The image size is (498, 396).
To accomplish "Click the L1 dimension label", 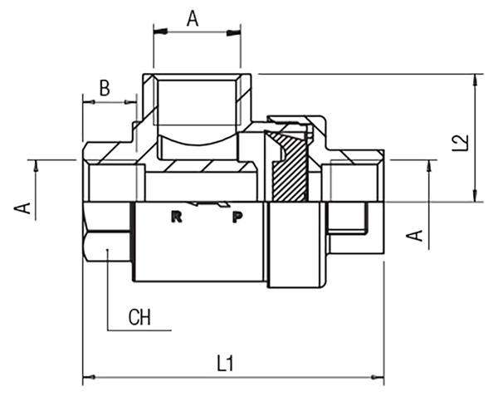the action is (226, 364).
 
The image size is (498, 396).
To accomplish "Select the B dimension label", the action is (105, 88).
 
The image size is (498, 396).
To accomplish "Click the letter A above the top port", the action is (193, 18).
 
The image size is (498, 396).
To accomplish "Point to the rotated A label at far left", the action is (22, 208).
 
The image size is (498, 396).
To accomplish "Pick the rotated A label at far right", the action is (415, 235).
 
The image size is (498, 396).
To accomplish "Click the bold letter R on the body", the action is (177, 217).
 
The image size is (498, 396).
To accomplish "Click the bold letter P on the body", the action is (237, 218).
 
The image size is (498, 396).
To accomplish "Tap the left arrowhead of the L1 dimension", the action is (89, 377).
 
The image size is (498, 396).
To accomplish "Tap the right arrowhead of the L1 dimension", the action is (378, 377).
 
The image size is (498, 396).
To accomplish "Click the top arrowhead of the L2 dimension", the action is (475, 80).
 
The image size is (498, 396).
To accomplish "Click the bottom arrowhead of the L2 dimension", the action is (475, 196).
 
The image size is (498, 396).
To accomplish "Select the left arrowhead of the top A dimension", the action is (160, 32).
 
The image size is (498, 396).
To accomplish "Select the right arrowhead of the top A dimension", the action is (234, 32).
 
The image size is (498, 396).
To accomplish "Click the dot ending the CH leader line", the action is (108, 250).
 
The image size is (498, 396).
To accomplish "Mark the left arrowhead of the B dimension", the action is (89, 102).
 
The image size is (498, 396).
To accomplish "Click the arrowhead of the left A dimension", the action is (36, 166).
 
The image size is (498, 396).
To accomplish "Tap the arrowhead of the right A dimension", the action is (430, 166).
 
